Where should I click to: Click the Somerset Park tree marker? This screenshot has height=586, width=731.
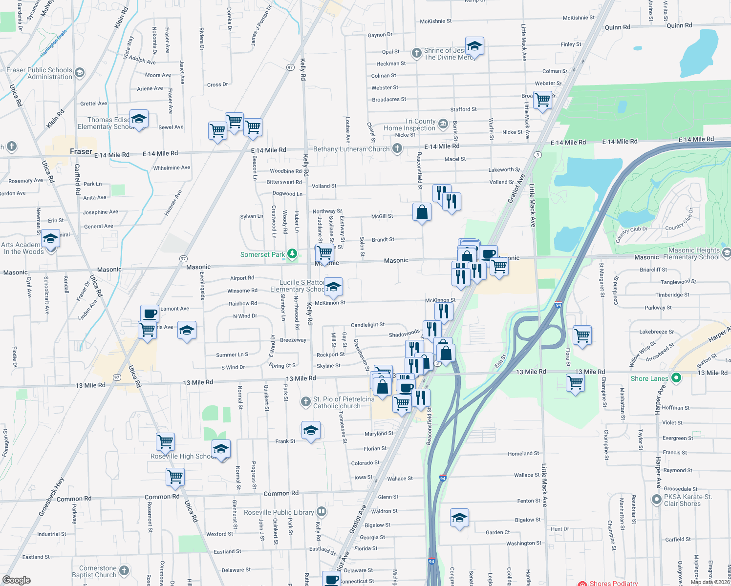[292, 253]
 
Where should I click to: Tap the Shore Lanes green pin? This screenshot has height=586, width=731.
[676, 378]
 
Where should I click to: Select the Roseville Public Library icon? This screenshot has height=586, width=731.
[322, 511]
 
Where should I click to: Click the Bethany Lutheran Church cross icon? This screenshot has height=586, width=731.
[397, 148]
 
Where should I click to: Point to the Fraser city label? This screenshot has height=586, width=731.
[81, 151]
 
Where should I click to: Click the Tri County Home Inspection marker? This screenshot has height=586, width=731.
[443, 124]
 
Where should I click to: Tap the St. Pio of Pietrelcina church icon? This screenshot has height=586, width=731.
[305, 402]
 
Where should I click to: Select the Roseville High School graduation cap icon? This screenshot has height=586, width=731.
[221, 449]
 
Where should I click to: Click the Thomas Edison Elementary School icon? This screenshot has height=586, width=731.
[139, 119]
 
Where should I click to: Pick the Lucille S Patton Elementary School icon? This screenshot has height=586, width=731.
[333, 287]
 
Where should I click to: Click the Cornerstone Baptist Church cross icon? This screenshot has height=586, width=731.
[124, 570]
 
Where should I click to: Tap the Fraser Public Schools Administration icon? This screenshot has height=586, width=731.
[80, 73]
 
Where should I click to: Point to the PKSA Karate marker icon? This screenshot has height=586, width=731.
[657, 500]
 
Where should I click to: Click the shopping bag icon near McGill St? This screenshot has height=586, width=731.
[422, 212]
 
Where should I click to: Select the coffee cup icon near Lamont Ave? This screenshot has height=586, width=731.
[150, 314]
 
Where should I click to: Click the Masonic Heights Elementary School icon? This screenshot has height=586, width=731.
[727, 253]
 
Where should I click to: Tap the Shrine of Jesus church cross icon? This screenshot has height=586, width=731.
[416, 53]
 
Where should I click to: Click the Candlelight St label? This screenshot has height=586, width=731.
[367, 325]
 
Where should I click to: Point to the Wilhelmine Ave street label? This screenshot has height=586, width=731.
[172, 168]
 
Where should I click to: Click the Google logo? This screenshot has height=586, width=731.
[17, 580]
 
